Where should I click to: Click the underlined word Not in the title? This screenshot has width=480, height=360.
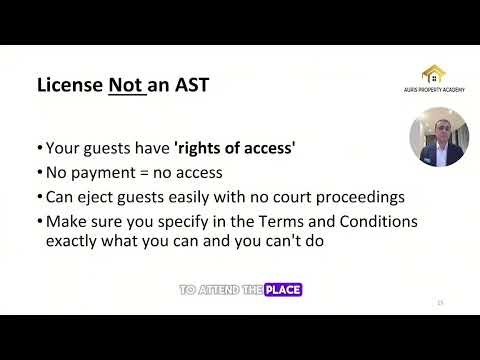(x=124, y=85)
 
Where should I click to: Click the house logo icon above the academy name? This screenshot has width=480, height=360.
(x=433, y=74)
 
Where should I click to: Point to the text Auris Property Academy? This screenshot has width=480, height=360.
(x=433, y=90)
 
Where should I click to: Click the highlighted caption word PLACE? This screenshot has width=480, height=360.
(x=283, y=290)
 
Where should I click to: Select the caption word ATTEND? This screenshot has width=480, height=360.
(x=217, y=290)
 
